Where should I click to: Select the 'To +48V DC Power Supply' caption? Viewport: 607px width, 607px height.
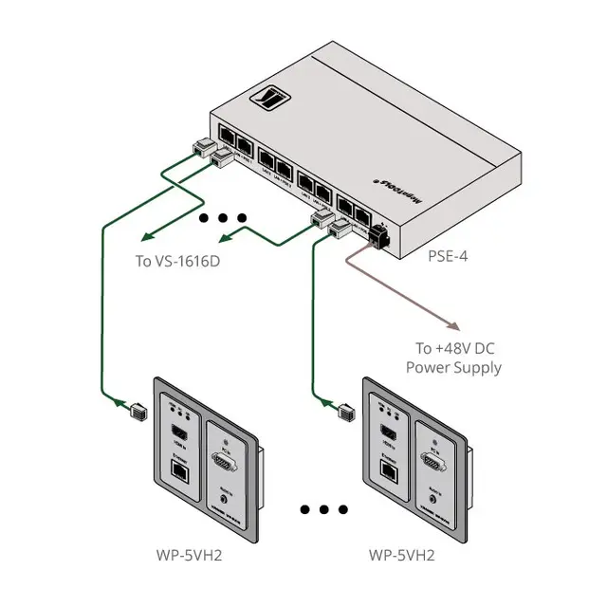coord(453,357)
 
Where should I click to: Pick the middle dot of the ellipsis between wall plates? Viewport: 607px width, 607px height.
coord(323,510)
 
